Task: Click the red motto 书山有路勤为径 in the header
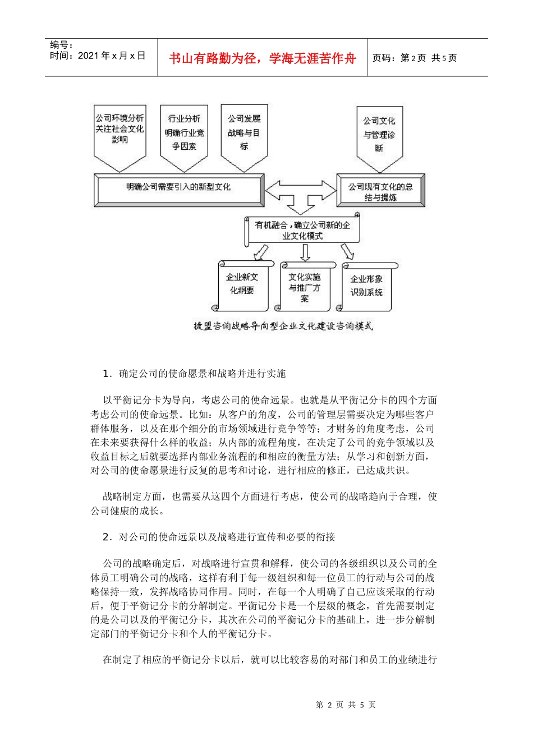click(x=262, y=58)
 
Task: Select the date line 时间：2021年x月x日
click(x=98, y=56)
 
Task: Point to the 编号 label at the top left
click(x=62, y=45)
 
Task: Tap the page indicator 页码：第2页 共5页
click(x=415, y=58)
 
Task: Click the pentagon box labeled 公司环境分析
click(x=120, y=135)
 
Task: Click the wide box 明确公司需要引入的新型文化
click(x=178, y=188)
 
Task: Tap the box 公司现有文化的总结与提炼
click(x=380, y=191)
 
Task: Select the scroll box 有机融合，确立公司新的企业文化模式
click(x=302, y=230)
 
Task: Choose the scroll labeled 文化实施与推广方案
click(x=305, y=287)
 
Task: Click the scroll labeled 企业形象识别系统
click(x=367, y=286)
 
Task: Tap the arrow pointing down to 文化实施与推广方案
click(x=305, y=252)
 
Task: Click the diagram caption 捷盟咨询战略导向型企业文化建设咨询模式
click(x=283, y=326)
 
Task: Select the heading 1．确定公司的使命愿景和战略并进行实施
click(x=195, y=374)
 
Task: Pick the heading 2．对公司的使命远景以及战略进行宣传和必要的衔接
click(x=219, y=537)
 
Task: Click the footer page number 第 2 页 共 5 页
click(x=346, y=705)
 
